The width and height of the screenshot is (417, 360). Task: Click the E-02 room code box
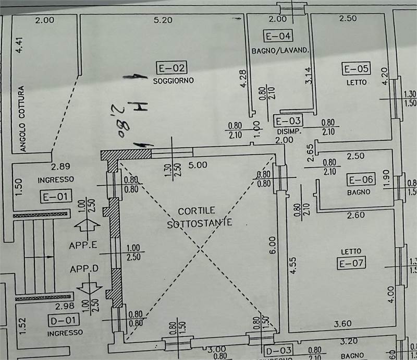point(171,67)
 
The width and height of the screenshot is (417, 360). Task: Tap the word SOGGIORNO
point(173,81)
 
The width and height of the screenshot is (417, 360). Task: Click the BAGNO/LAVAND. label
point(280,51)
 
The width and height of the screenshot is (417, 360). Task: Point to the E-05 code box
point(355,68)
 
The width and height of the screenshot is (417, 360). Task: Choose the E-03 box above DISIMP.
point(287,121)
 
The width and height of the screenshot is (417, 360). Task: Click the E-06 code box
point(361,180)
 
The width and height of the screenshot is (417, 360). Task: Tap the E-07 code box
point(351,263)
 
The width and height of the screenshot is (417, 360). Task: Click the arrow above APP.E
point(88,226)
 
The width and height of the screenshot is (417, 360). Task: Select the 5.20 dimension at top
point(163,20)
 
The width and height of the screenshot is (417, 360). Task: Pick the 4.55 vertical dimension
point(293,264)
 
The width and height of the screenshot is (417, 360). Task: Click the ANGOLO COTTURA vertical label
point(22,118)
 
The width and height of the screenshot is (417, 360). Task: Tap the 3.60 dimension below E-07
point(342,323)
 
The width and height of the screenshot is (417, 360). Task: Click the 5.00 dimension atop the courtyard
point(199,165)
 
